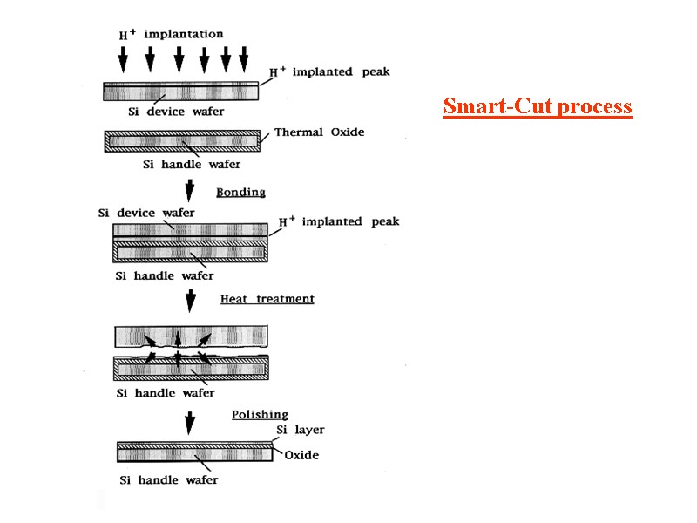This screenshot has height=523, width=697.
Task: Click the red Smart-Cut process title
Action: pos(537,106)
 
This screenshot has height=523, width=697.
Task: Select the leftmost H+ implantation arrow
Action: pos(123,58)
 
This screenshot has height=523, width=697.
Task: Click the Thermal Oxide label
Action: pos(319,132)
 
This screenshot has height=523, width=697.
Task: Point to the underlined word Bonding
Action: pos(240,192)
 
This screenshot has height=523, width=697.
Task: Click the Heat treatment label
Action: pos(267,299)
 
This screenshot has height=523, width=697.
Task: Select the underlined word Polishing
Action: pos(260,415)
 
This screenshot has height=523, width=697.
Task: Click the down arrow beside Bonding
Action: pos(190,191)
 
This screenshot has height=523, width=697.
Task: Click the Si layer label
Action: pos(300,430)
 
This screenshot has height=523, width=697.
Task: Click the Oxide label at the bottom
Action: pos(301,455)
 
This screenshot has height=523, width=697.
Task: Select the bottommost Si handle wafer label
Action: pos(169,479)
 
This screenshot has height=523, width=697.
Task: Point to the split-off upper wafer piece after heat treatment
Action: pos(192,335)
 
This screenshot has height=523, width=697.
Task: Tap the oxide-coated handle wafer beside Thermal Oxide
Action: pos(182,140)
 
